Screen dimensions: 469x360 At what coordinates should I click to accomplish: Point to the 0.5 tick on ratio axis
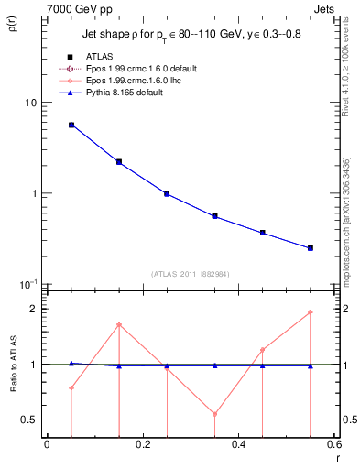[x=30, y=420]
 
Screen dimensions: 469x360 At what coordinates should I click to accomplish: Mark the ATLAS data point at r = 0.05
[x=71, y=125]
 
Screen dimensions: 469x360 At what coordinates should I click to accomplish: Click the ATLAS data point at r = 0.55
[x=311, y=247]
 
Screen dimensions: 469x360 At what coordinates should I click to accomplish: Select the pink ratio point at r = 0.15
[x=119, y=324]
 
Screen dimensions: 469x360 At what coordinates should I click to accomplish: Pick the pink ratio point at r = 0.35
[x=215, y=414]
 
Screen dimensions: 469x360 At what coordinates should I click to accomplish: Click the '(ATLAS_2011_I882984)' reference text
[x=191, y=274]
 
